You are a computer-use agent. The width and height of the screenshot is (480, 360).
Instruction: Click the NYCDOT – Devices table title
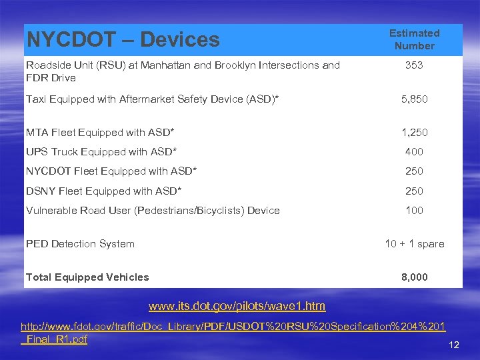coord(123,40)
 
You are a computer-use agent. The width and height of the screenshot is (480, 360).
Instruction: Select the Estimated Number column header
coord(414,39)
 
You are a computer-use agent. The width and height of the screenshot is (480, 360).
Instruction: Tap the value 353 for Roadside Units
coord(414,65)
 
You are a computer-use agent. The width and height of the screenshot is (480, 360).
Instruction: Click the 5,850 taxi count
coord(414,99)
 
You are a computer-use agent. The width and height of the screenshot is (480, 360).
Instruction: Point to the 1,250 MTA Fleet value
coord(414,132)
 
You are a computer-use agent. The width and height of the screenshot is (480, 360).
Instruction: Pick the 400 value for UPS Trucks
coord(414,151)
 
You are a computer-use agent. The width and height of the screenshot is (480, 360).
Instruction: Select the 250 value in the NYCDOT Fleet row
coord(414,171)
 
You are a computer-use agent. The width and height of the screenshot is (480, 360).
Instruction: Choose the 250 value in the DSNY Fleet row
coord(414,191)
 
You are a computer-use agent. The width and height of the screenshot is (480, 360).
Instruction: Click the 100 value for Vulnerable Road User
coord(414,211)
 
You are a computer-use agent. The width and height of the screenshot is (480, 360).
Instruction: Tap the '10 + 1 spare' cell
coord(414,244)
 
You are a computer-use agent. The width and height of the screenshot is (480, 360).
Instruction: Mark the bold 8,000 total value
coord(414,277)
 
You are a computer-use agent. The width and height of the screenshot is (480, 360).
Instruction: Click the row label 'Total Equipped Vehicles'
coord(87,277)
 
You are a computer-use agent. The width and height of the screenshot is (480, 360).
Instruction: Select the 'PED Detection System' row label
coord(80,244)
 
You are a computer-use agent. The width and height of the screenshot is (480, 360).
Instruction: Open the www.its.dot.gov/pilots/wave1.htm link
coord(237,307)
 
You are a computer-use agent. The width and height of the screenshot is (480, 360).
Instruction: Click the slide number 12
coord(454,345)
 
